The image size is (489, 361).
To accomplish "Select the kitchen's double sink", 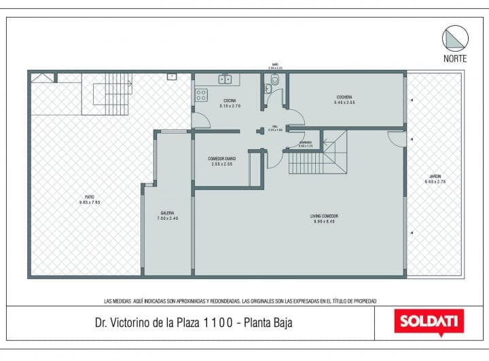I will coord(225,79).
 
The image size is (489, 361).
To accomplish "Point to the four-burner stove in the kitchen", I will coord(202,95).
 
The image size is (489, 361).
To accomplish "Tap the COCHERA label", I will coord(344,97).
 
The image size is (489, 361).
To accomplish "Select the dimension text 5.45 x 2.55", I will coord(344,102).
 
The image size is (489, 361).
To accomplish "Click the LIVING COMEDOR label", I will coord(325,216).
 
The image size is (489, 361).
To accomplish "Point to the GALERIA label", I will coord(166,212).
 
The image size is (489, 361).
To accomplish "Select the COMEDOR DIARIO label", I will coord(222,158).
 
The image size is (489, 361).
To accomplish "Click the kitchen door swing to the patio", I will coord(200,121).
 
